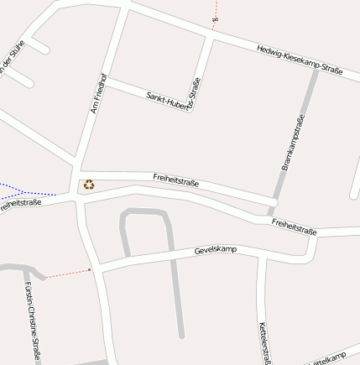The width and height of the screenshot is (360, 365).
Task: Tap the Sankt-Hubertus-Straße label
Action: tap(174, 102)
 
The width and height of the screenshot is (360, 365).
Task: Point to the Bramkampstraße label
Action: tap(292, 143)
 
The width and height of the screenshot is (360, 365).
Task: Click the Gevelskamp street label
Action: tap(216, 250)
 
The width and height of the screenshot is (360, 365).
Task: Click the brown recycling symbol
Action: tap(88, 185)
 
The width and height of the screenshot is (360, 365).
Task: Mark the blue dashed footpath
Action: tap(25, 187)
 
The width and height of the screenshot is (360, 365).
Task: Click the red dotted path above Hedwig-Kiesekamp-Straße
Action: tap(215, 17)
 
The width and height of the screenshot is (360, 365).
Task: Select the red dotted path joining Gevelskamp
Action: tap(67, 274)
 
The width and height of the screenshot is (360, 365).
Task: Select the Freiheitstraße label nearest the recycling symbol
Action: tap(176, 179)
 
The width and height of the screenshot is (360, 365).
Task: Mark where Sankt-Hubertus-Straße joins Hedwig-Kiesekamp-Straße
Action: tap(209, 35)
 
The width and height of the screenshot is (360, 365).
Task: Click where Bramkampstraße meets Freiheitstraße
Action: tap(271, 207)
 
